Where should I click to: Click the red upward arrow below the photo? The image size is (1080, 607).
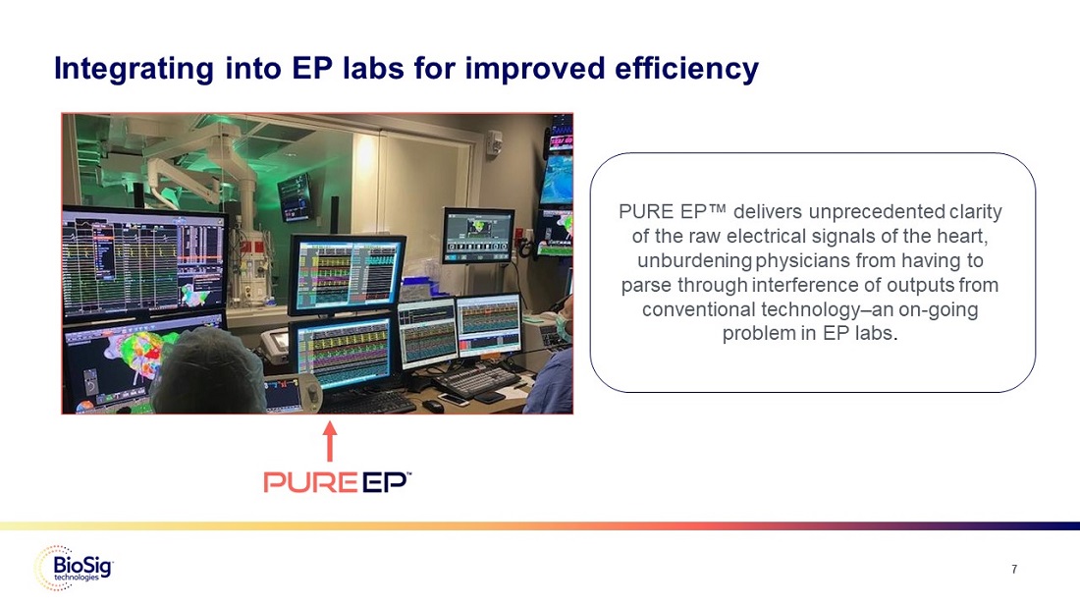[x=330, y=441]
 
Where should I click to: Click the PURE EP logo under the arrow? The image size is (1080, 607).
[x=338, y=481]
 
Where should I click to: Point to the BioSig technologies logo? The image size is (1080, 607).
[x=74, y=569]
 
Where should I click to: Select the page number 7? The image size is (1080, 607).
[x=1014, y=569]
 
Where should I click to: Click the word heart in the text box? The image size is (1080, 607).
[x=967, y=237]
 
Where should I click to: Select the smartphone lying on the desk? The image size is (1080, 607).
[x=454, y=399]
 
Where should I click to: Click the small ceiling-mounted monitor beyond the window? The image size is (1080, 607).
[x=297, y=197]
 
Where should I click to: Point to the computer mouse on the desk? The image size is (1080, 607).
[x=433, y=405]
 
